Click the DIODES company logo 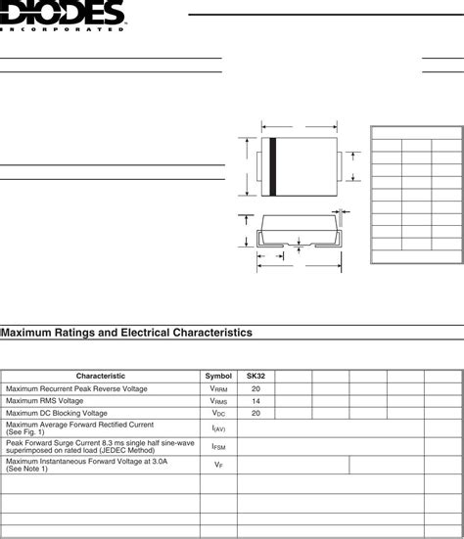[64, 14]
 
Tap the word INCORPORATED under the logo [64, 30]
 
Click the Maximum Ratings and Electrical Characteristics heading [127, 334]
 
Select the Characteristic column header [101, 376]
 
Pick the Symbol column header [218, 376]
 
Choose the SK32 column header [255, 376]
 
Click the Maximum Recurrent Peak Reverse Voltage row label [76, 388]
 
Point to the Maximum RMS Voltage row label [44, 401]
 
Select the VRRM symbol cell [218, 388]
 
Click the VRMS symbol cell [218, 401]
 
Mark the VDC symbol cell [218, 413]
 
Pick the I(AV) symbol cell [218, 428]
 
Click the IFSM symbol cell [218, 446]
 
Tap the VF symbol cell [218, 465]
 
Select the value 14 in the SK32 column [255, 401]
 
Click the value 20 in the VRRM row [255, 388]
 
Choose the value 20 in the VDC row [255, 413]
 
